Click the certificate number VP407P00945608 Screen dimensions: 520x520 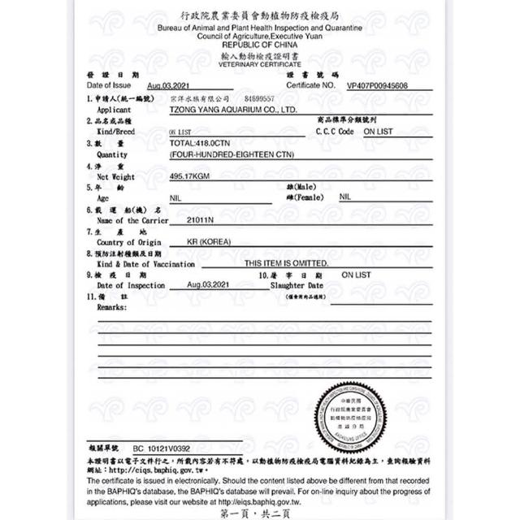tap(377, 84)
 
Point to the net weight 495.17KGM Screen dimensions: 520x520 tap(190, 175)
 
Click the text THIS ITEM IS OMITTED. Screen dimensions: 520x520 tap(286, 263)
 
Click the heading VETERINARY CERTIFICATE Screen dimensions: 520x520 tap(260, 64)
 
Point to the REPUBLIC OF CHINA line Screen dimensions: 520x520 tap(260, 46)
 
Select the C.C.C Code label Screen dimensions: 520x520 tap(334, 131)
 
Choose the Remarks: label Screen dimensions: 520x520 tap(111, 307)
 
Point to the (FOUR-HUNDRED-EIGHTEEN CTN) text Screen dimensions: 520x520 tap(232, 154)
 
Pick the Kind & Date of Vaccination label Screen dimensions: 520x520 tap(145, 264)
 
